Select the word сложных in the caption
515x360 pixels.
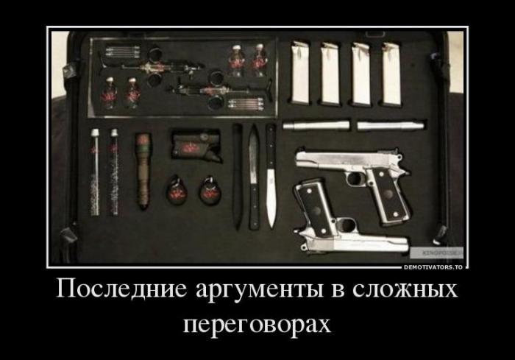click(x=405, y=289)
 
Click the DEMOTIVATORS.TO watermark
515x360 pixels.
click(x=433, y=267)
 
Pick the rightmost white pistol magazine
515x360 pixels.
click(x=391, y=74)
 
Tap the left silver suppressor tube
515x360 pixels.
click(x=316, y=125)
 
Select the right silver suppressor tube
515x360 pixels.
click(x=391, y=126)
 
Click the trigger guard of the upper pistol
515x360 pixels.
click(x=355, y=178)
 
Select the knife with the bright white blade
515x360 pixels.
click(x=271, y=176)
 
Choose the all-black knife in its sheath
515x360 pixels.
click(x=237, y=176)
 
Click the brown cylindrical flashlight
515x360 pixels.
click(x=143, y=171)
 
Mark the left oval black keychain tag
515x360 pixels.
click(x=177, y=191)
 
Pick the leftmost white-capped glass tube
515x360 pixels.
click(x=95, y=172)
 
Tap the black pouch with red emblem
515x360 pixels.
click(x=196, y=145)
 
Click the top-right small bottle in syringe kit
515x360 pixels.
click(x=260, y=61)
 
